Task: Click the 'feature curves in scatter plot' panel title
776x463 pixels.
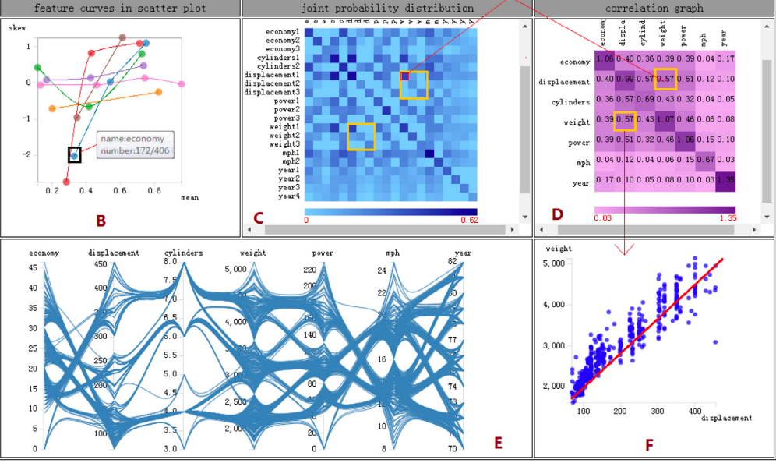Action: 120,8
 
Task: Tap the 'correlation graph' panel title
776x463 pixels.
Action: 654,8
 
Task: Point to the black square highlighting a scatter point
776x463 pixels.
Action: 75,154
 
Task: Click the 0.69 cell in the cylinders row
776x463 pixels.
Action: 645,101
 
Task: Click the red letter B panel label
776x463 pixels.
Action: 101,221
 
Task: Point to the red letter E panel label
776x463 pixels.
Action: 499,444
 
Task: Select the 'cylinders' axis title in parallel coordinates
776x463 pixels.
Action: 184,253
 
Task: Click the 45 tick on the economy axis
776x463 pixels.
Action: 33,268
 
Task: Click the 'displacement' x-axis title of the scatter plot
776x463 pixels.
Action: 726,419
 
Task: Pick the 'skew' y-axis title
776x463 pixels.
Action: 17,28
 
